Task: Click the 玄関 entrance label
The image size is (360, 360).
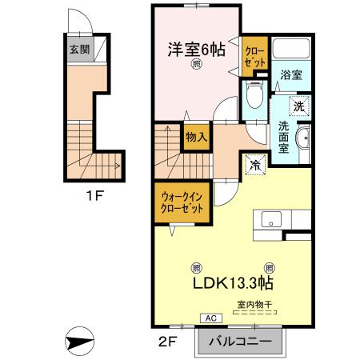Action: [78, 50]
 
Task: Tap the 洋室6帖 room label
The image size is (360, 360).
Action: [196, 50]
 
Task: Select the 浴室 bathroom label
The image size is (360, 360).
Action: [290, 76]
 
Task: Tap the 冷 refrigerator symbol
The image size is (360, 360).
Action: [254, 165]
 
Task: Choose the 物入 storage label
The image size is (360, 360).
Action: [196, 137]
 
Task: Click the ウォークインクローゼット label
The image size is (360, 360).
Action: [182, 200]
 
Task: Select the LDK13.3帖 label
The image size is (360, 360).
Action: [233, 282]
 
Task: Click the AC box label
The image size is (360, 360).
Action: [212, 318]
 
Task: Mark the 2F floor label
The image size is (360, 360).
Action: [166, 343]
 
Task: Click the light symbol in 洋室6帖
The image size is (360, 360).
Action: [196, 67]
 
